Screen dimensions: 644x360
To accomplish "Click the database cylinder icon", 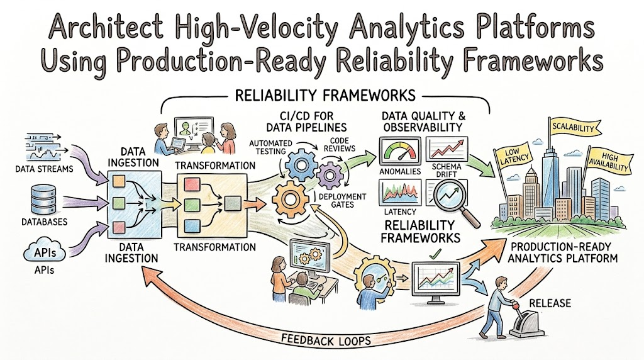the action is click(x=43, y=200).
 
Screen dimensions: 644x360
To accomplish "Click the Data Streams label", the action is click(x=45, y=169).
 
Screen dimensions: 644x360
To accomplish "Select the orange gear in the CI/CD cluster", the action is click(x=291, y=200).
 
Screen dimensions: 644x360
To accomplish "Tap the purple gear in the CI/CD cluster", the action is click(x=330, y=176).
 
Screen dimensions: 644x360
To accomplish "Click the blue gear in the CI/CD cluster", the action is click(x=301, y=165).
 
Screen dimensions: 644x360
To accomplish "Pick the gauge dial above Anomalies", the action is click(x=399, y=151).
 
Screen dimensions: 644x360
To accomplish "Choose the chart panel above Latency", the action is click(x=399, y=193).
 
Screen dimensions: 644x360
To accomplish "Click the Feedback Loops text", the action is click(x=326, y=340).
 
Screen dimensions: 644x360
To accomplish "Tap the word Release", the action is click(x=550, y=303).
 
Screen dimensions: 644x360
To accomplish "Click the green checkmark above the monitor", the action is click(x=435, y=255).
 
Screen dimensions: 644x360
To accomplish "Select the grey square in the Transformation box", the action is click(x=233, y=203).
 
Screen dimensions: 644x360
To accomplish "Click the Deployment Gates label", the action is click(x=342, y=201).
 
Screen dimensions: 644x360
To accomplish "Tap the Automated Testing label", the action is click(x=270, y=147).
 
